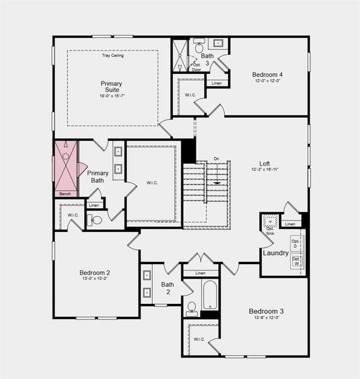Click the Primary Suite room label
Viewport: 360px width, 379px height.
(111, 87)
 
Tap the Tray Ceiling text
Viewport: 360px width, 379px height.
(113, 56)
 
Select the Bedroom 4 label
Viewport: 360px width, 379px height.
(267, 74)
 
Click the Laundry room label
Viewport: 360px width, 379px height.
(275, 253)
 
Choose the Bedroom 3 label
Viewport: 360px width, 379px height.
(266, 311)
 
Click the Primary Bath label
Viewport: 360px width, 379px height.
(98, 177)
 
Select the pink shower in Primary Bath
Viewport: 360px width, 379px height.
(65, 165)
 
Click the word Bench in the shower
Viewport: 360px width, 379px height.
(64, 193)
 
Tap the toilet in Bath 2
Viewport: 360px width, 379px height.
(192, 310)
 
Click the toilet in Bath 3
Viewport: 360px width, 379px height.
(199, 46)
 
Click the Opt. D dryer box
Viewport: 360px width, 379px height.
(296, 243)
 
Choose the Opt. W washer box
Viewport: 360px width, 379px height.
(296, 262)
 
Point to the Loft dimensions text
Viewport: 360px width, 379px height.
(264, 169)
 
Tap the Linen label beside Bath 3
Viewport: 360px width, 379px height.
(217, 83)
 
